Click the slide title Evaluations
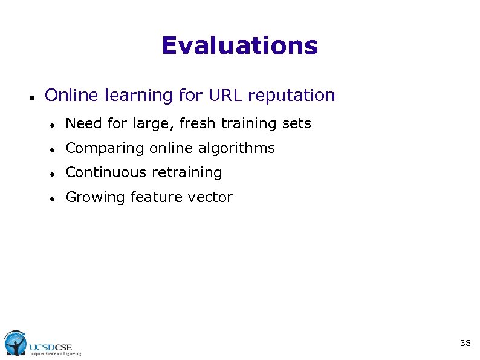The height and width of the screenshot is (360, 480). [239, 46]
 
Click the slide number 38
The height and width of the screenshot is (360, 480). [465, 343]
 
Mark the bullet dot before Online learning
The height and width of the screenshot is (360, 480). [30, 97]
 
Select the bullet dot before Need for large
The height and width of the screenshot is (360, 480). [53, 125]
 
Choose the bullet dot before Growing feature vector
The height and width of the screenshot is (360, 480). [53, 198]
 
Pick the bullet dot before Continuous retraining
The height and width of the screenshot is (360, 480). [53, 174]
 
